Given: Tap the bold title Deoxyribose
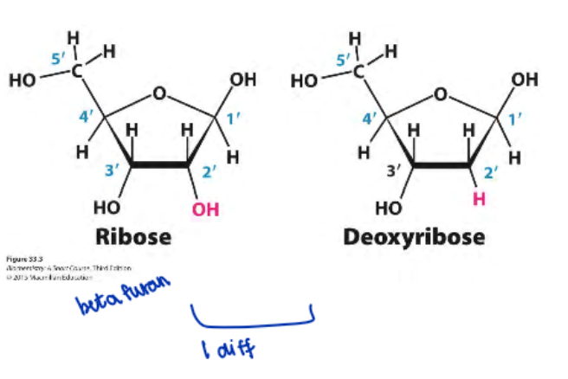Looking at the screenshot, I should (414, 235).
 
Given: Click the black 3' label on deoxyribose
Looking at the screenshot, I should (393, 170).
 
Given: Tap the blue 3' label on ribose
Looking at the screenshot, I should (111, 171).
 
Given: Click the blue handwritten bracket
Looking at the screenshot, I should (251, 321).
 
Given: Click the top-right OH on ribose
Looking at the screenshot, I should (243, 80).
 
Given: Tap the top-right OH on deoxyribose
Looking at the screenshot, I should (524, 80).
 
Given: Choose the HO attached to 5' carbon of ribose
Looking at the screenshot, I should (23, 81).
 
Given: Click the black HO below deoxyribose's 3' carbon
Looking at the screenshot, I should (390, 208).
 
